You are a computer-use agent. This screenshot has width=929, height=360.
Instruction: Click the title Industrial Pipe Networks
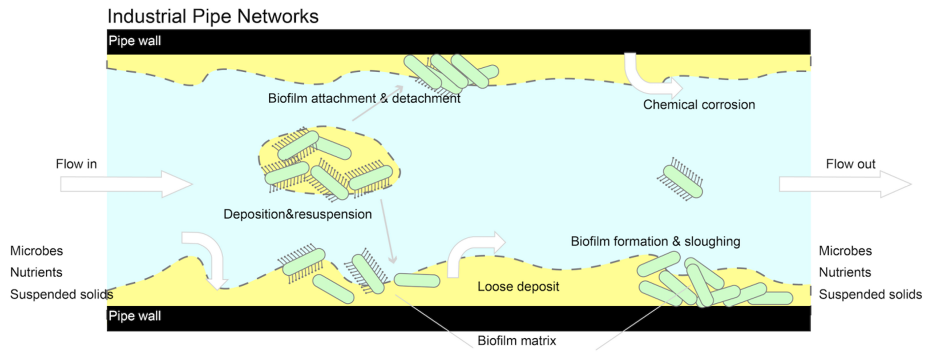213,16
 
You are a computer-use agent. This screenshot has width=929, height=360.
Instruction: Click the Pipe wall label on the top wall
134,41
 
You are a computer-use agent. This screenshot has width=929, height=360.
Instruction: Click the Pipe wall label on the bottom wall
134,316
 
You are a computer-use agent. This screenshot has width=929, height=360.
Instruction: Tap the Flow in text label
76,164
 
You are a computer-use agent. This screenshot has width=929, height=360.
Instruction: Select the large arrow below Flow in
126,184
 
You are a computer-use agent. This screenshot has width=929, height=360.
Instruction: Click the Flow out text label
850,164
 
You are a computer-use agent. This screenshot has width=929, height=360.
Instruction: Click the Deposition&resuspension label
298,214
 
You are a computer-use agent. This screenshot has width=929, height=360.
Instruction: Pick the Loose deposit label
518,287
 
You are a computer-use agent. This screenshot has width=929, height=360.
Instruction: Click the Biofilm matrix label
516,341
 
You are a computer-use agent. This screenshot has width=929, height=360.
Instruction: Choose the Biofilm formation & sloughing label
655,241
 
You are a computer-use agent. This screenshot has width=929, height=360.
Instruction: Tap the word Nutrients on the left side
36,272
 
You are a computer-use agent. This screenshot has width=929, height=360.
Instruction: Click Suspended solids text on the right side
870,294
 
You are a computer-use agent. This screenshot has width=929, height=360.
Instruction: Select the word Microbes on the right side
845,251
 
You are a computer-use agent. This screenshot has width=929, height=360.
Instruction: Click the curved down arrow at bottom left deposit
209,256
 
